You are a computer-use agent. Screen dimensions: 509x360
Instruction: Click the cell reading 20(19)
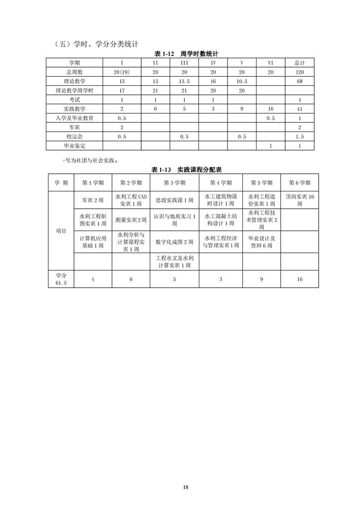[122, 72]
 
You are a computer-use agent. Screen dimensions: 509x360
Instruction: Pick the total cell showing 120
[299, 72]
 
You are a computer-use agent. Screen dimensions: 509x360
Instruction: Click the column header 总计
[299, 63]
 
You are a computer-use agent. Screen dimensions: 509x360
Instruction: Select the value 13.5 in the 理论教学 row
[184, 81]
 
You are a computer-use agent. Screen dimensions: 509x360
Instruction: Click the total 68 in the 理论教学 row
[299, 81]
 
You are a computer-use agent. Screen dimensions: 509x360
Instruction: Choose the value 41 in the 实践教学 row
[299, 109]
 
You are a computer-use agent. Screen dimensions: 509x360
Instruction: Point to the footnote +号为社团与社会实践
[90, 160]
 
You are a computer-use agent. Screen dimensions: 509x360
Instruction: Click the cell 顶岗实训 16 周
[300, 200]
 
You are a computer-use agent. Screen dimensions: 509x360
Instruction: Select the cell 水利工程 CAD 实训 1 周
[131, 200]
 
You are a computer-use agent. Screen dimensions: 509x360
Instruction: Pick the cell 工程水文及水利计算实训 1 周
[174, 262]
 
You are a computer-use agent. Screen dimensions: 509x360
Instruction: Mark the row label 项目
[61, 231]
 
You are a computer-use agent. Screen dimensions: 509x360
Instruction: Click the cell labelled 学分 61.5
[61, 279]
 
